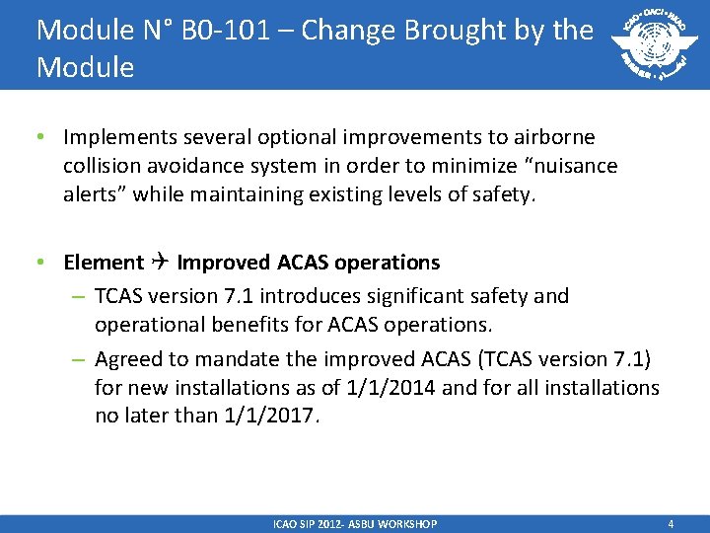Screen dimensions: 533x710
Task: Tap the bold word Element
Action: coord(104,263)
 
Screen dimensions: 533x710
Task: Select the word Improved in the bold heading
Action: coord(224,263)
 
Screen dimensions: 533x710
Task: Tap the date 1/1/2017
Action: coord(269,416)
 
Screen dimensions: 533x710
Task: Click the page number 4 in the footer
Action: coord(671,524)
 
